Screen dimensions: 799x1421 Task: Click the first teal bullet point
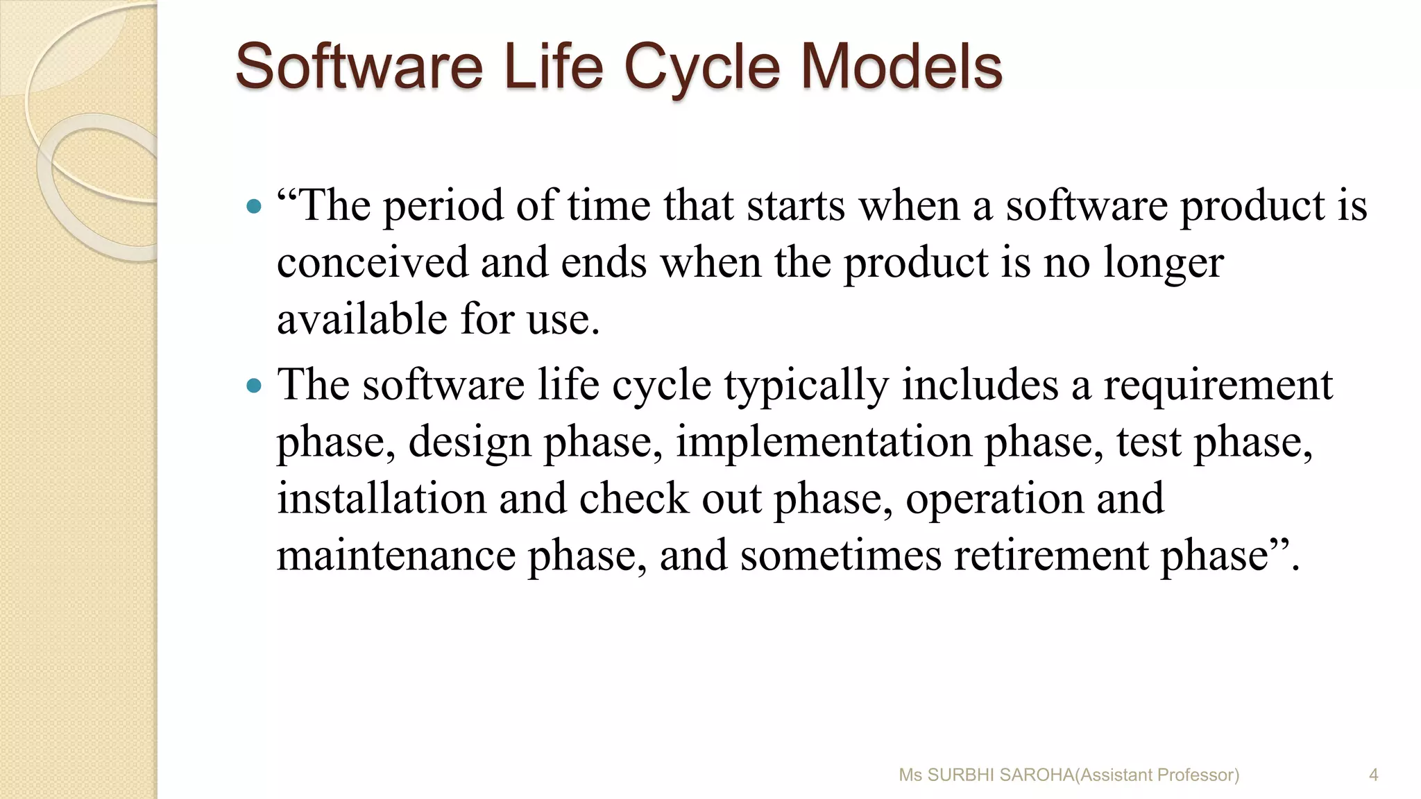[x=255, y=206]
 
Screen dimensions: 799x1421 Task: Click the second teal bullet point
[x=255, y=385]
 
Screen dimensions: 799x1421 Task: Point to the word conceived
[x=372, y=263]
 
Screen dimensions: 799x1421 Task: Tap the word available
[x=362, y=320]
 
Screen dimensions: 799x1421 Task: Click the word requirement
[x=1218, y=385]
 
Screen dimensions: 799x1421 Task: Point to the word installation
[x=381, y=499]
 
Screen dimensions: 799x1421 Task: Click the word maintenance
[x=396, y=556]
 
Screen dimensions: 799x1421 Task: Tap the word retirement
[x=1051, y=556]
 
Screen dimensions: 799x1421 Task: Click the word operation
[x=994, y=499]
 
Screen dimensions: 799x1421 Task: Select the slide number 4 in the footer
[x=1373, y=775]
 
